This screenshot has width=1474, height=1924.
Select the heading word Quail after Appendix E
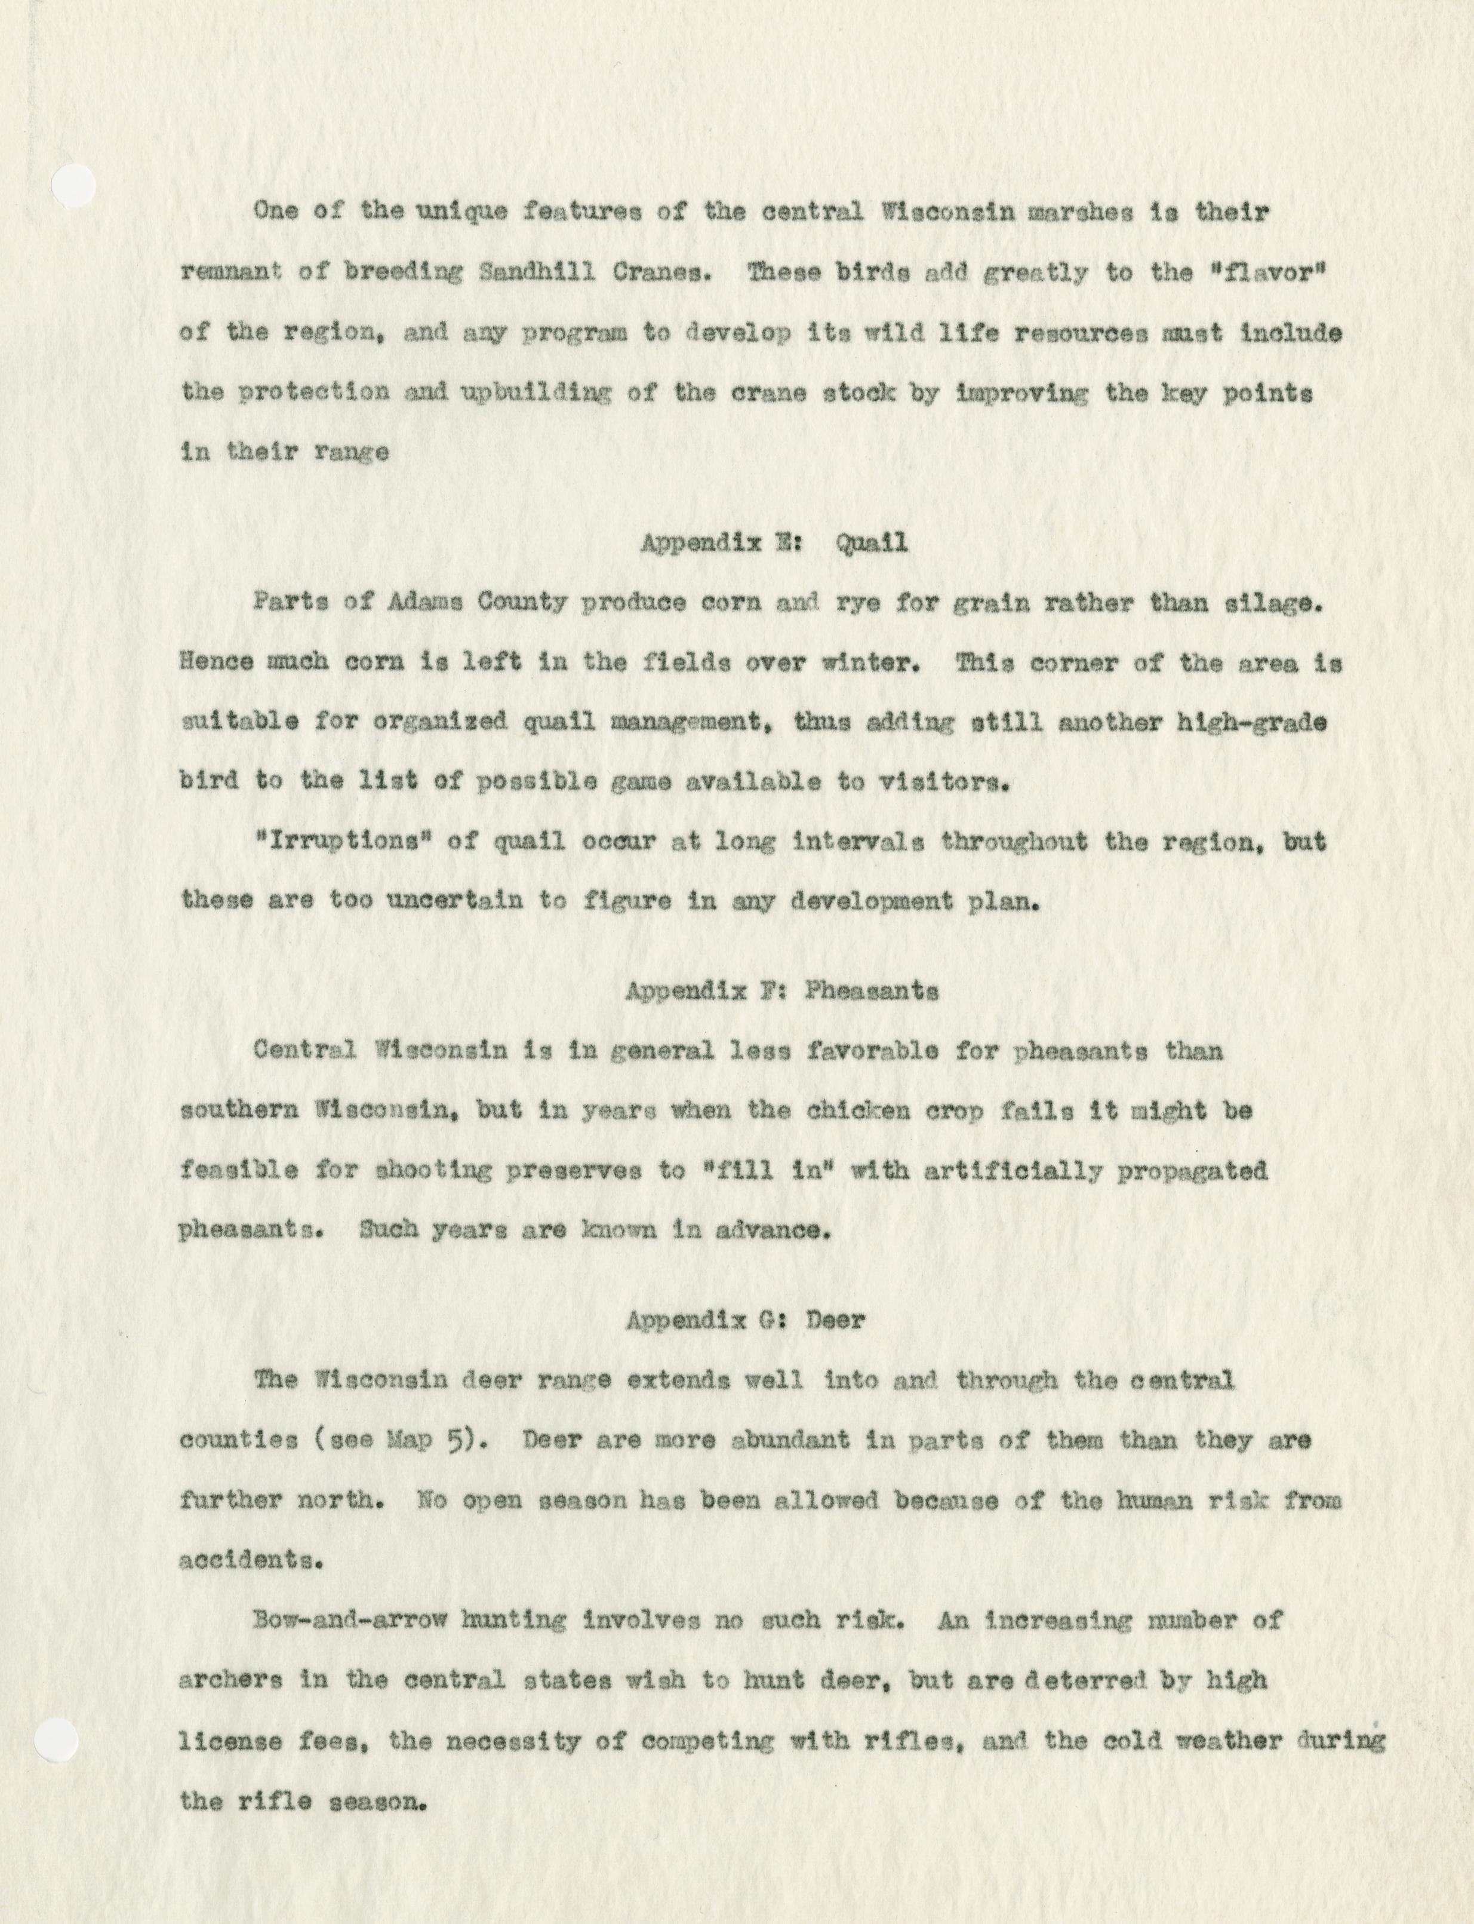point(871,544)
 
